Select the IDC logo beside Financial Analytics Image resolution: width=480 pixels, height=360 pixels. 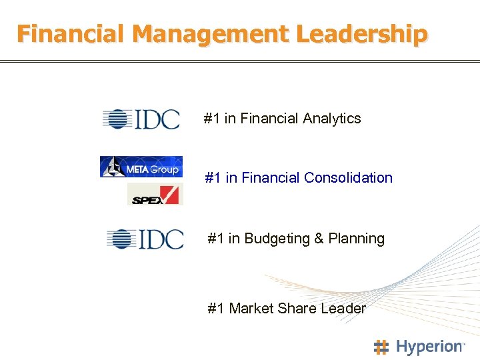click(141, 119)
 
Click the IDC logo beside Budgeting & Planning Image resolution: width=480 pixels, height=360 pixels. click(145, 239)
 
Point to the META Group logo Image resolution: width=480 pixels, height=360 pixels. click(141, 167)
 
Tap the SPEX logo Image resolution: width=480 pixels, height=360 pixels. click(155, 194)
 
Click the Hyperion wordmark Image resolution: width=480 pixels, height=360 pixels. click(429, 347)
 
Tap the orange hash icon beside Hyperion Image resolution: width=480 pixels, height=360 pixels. click(381, 347)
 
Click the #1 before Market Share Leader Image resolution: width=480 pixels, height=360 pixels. click(216, 309)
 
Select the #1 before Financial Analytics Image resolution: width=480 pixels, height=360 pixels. click(212, 119)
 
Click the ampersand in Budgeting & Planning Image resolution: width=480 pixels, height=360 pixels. click(320, 239)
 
